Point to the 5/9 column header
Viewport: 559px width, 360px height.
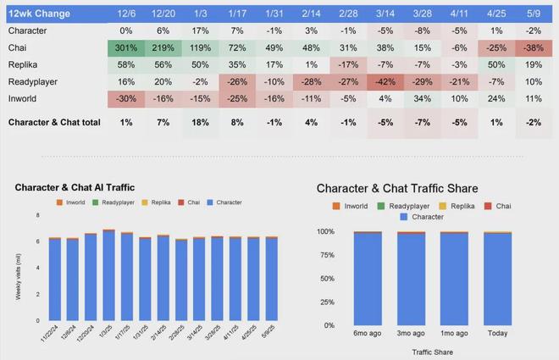point(534,14)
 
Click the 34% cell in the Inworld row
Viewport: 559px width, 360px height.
point(423,97)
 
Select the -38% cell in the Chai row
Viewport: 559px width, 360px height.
point(534,48)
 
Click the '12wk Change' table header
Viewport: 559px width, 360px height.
point(40,14)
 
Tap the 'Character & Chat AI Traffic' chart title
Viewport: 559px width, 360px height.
point(75,186)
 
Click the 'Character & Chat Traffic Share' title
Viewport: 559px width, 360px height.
point(409,187)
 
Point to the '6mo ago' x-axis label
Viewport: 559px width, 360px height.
point(367,334)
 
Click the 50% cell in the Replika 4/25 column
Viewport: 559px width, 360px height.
point(498,64)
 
